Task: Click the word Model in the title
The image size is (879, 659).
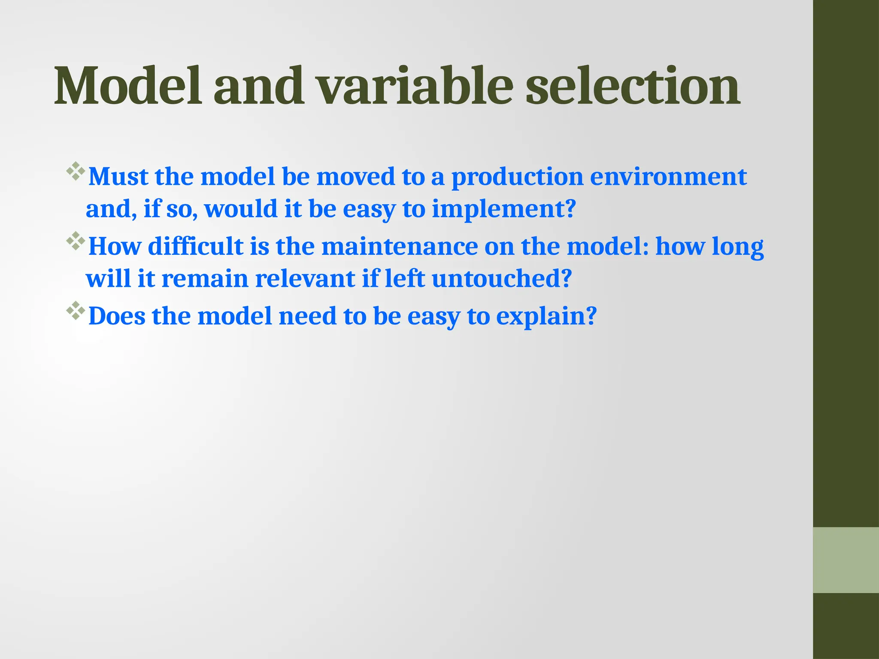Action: pos(127,86)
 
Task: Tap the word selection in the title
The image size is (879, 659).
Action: pos(633,86)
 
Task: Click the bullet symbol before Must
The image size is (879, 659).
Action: pos(76,171)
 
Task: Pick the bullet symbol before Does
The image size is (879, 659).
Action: pos(76,310)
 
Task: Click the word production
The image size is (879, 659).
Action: pos(517,177)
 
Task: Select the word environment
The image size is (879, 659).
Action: pos(668,176)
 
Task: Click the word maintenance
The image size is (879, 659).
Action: pos(399,247)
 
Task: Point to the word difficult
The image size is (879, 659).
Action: pos(196,247)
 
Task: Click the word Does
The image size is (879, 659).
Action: pos(117,316)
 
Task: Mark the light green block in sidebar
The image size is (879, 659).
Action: pos(846,560)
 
